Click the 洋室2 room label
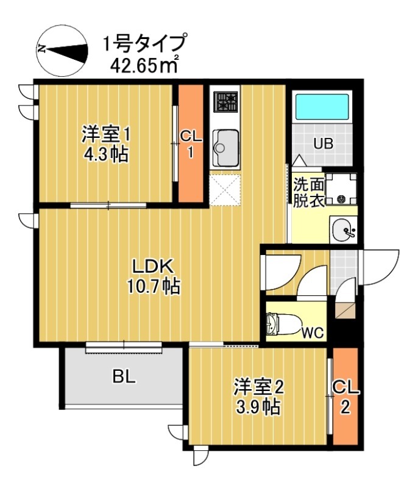[x=260, y=387]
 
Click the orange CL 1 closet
[x=190, y=143]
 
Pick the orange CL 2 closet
[x=345, y=396]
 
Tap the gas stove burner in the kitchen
[x=225, y=102]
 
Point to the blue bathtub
[x=321, y=107]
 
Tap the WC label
[x=313, y=333]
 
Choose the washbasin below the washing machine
[x=343, y=231]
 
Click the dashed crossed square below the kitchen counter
[x=225, y=189]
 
